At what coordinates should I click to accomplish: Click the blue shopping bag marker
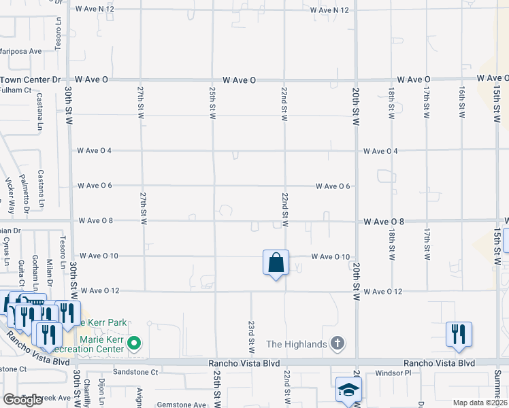276,262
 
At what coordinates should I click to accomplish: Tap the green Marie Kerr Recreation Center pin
135,343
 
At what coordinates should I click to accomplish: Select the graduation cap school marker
348,390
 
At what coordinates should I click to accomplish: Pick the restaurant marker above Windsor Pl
458,334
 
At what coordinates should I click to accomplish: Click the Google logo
22,400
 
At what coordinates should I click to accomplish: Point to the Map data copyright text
480,403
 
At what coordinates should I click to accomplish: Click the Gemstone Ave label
181,405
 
